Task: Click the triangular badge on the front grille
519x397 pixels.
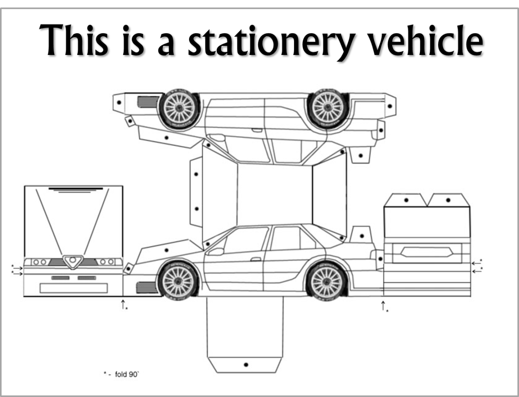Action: pos(73,261)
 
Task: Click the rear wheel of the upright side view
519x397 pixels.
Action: pos(326,282)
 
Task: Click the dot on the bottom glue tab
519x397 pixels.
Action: pos(246,365)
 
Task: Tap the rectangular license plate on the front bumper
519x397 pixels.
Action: pos(74,288)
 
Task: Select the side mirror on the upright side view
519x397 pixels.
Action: pos(216,252)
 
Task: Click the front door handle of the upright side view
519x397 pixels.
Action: pos(256,259)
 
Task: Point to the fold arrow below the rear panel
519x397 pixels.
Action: pos(383,306)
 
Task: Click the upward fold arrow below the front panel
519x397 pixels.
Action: pos(123,303)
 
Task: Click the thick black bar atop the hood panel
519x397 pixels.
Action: pos(76,189)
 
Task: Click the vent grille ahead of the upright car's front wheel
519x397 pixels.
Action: pos(147,287)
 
